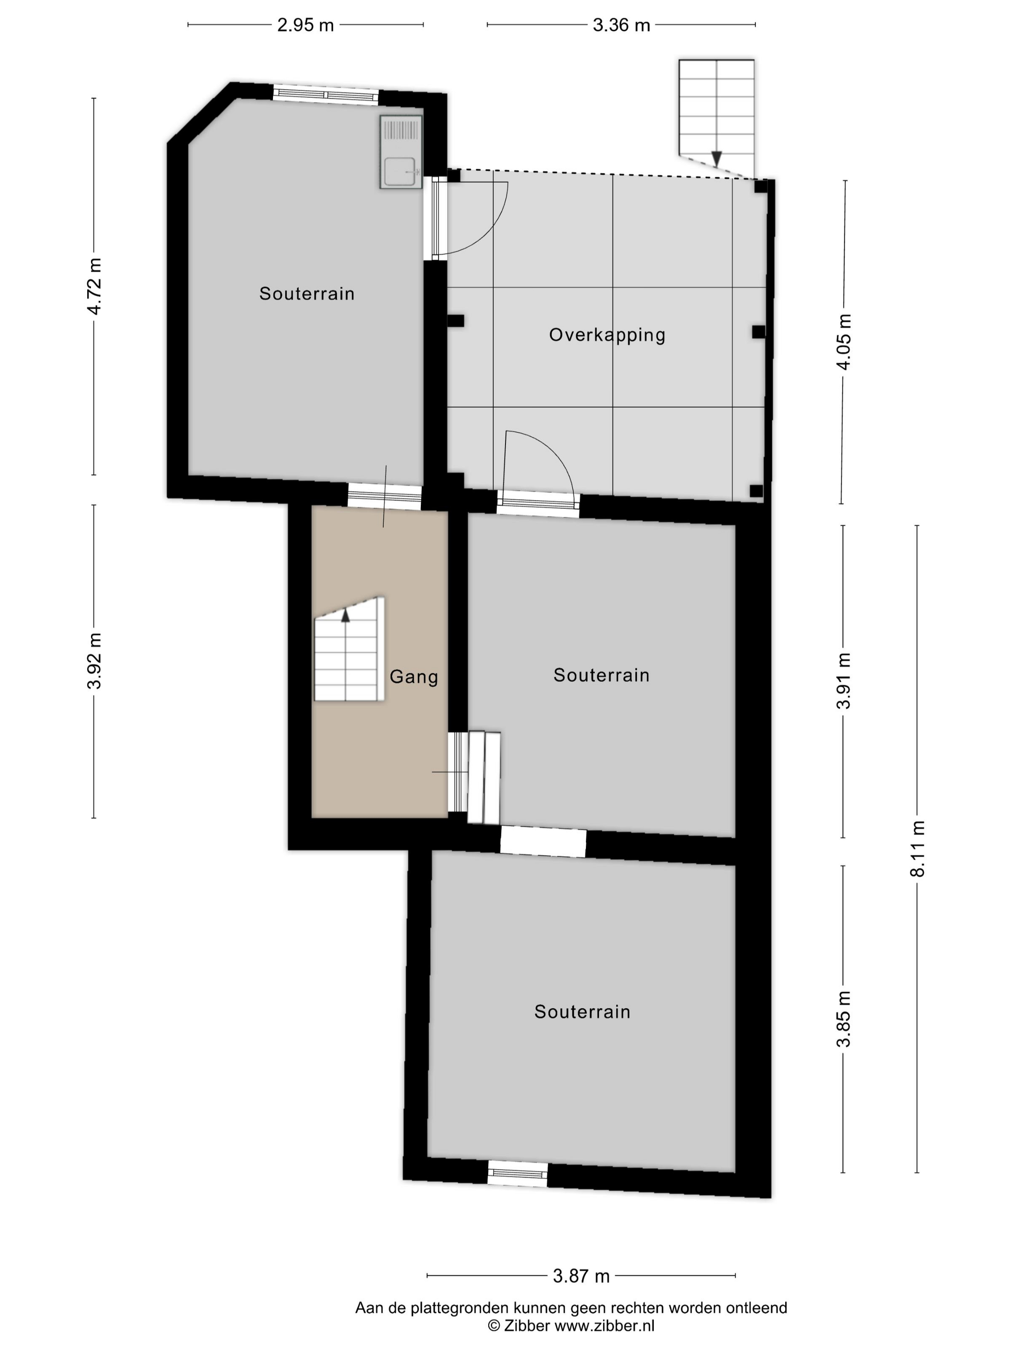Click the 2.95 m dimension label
coord(305,25)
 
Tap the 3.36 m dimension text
coord(621,25)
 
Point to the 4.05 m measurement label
coord(844,342)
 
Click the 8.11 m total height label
coord(917,848)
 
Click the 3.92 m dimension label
coord(94,661)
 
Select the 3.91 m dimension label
coord(843,681)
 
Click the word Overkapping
coord(607,335)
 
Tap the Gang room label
coord(414,677)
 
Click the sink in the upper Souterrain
coord(401,152)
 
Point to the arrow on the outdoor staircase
coord(717,159)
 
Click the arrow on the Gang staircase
coord(346,615)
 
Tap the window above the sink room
coord(325,94)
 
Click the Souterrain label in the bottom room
coord(582,1012)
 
